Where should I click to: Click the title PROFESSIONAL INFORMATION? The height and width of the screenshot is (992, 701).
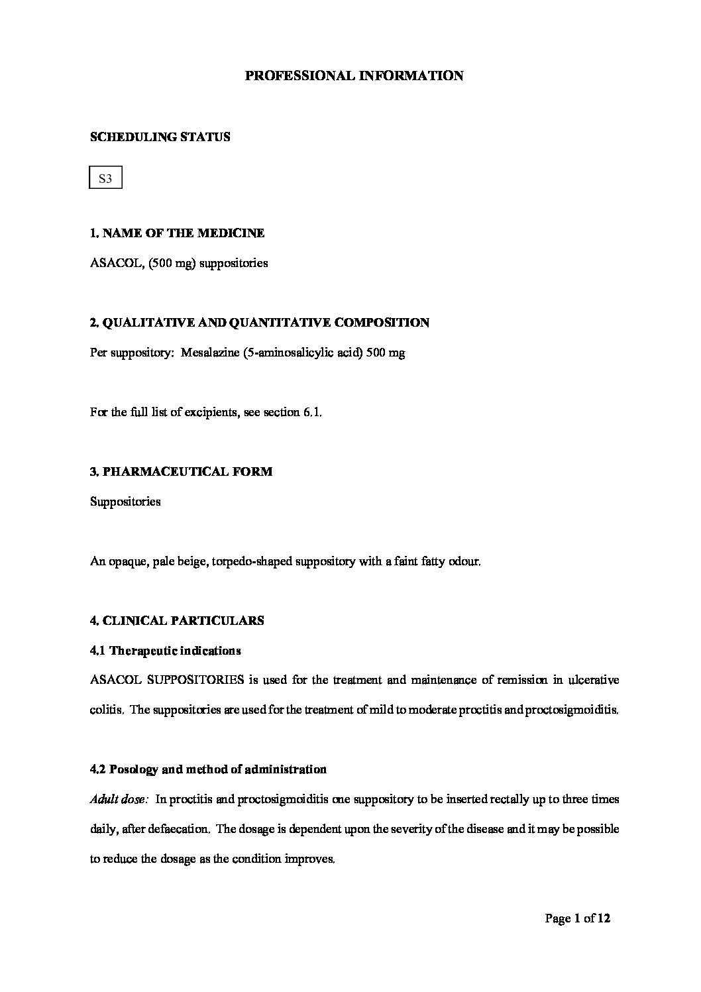pos(354,76)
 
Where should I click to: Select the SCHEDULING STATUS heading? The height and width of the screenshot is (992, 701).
pos(160,137)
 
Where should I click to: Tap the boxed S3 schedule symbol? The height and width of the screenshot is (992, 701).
pos(105,178)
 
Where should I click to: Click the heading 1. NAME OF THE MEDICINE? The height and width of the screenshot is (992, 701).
pos(177,233)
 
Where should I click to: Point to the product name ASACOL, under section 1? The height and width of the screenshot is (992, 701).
pos(112,263)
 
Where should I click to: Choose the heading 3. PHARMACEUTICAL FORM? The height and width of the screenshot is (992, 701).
pos(181,472)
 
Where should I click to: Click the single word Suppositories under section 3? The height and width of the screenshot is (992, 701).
pos(125,502)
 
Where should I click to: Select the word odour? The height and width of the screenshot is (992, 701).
pos(464,561)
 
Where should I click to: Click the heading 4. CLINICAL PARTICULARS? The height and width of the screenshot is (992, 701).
pos(177,621)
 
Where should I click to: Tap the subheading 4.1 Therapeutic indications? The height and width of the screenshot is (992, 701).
pos(165,651)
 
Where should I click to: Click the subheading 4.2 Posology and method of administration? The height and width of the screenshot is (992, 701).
pos(208,770)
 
